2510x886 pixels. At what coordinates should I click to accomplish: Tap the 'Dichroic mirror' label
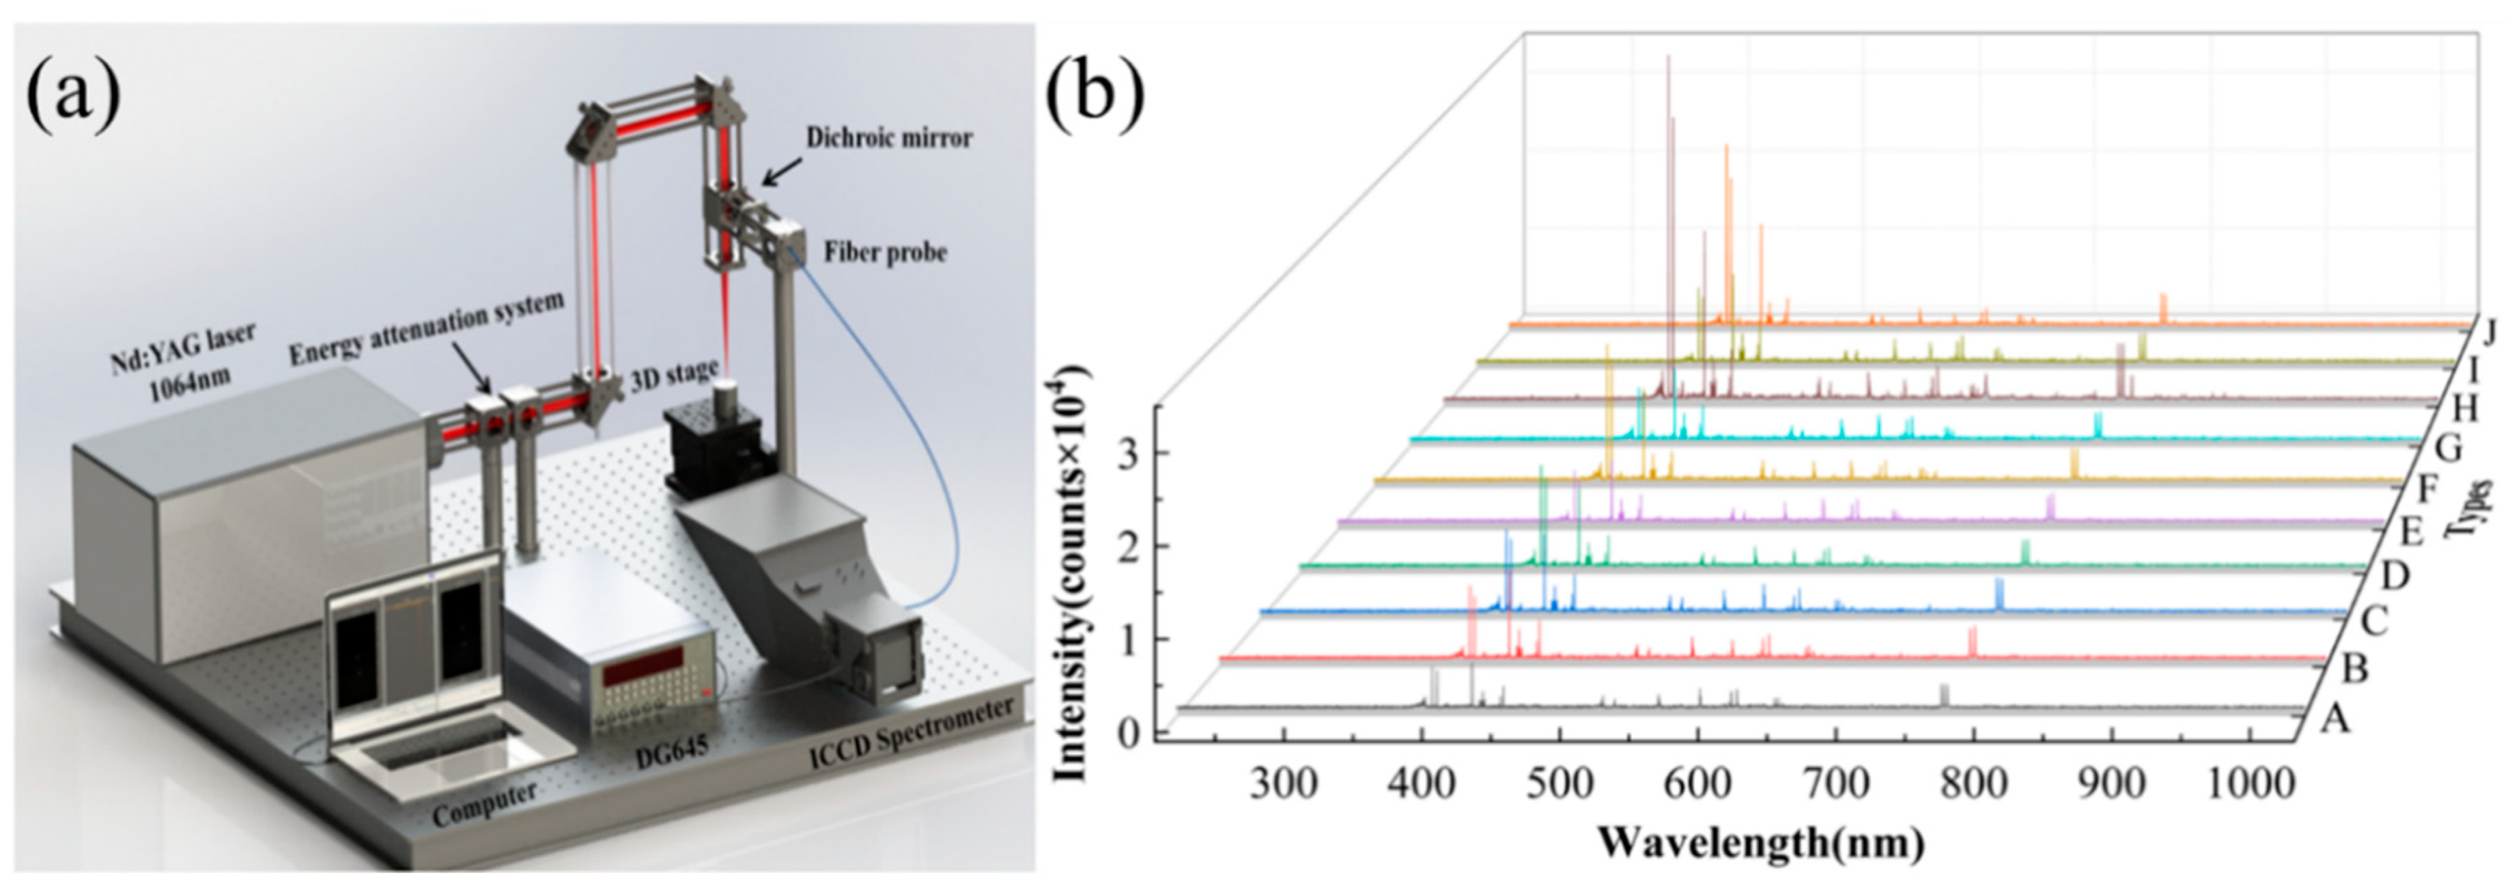[x=888, y=139]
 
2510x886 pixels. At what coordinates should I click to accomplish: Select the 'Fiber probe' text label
[x=885, y=253]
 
